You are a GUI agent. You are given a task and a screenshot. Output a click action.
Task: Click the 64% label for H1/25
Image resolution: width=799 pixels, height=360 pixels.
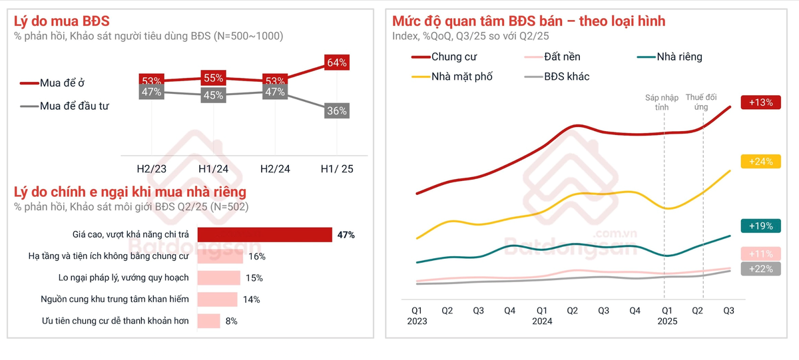pos(337,63)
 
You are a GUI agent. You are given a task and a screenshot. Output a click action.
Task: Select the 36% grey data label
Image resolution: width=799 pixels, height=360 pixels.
pos(337,111)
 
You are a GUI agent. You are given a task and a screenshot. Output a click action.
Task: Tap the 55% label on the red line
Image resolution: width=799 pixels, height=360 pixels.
pos(213,77)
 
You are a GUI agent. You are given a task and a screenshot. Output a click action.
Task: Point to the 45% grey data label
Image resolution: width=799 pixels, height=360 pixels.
pos(213,95)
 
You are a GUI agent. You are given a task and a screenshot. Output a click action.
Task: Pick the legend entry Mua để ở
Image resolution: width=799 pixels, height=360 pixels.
pos(53,83)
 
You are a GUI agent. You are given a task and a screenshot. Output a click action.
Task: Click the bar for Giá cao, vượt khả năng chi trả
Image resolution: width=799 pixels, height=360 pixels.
pos(265,235)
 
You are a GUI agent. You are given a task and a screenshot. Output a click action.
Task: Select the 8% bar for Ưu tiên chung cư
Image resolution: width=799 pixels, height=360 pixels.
pos(209,321)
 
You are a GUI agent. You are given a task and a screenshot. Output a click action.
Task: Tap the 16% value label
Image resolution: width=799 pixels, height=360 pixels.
pos(257,256)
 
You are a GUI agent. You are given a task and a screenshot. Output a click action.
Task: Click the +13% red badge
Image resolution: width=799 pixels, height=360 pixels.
pos(760,102)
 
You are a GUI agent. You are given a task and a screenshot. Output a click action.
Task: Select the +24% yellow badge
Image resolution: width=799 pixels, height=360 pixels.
pos(760,161)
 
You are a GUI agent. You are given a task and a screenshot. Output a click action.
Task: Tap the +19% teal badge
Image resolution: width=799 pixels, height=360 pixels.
pos(760,226)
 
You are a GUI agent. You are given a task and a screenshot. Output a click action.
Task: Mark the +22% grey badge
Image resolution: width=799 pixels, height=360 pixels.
pos(760,269)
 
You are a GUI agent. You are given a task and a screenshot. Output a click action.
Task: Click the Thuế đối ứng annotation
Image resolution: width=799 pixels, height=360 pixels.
pos(701,102)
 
